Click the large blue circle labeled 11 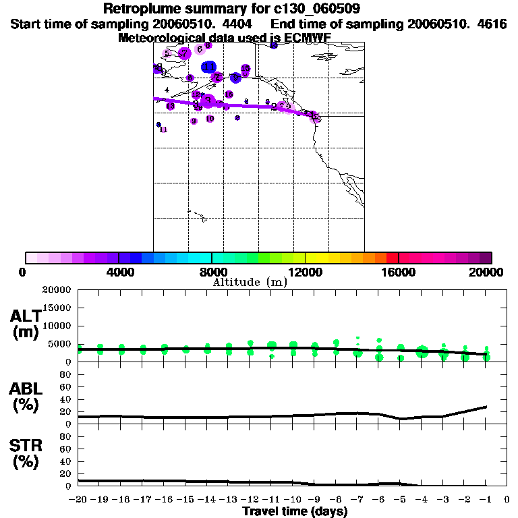click(x=209, y=66)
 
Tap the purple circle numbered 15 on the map click(x=246, y=69)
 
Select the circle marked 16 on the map click(x=229, y=94)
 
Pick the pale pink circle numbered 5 click(x=167, y=53)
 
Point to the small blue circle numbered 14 click(x=274, y=45)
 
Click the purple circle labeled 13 click(x=171, y=106)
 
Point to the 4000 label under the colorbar click(x=118, y=272)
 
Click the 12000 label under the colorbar click(x=305, y=272)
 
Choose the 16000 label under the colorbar click(x=399, y=272)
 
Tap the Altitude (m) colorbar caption click(x=250, y=282)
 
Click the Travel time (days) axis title click(x=295, y=511)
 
